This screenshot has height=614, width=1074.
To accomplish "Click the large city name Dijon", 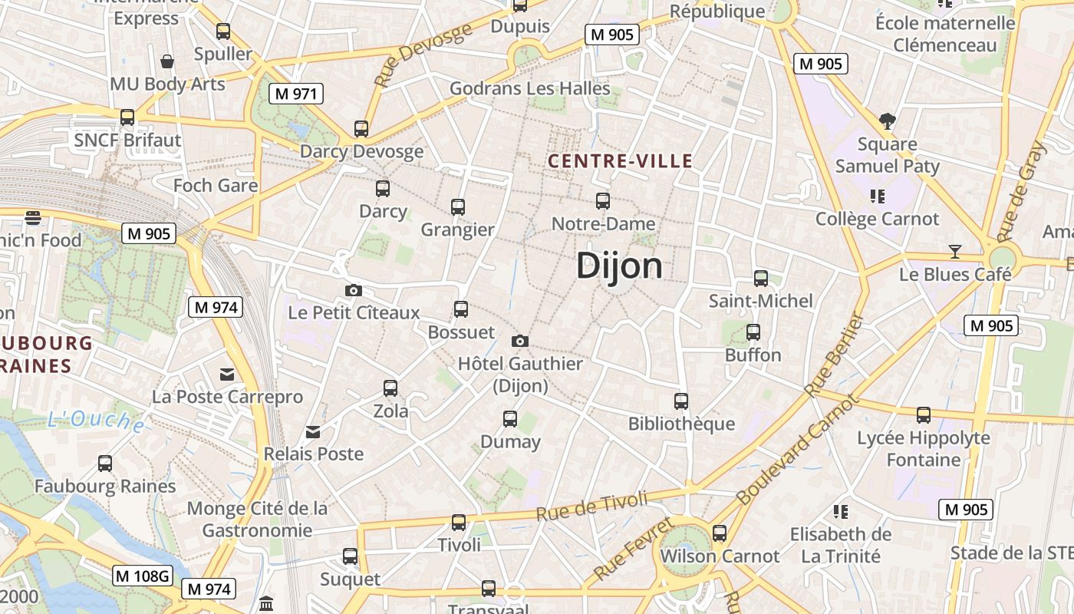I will (x=619, y=266).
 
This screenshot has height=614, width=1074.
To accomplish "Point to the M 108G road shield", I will (x=143, y=576).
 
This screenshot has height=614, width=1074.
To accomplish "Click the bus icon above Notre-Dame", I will (x=603, y=201).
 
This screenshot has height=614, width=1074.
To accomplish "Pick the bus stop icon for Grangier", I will (x=458, y=207).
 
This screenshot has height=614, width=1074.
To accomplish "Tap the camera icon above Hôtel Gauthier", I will (x=520, y=341).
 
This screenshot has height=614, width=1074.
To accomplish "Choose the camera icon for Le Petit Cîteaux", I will (x=354, y=290).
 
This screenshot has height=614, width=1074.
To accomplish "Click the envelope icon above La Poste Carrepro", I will (x=227, y=374).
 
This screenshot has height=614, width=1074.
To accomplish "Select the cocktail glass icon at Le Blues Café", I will (x=955, y=251).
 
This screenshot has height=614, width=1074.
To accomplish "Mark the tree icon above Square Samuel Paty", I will (x=888, y=120).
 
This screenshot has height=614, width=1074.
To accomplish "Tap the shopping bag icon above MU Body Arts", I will (x=167, y=61).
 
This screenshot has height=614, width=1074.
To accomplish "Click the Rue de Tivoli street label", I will (x=591, y=507).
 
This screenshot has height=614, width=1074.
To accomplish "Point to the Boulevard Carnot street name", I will (x=799, y=449).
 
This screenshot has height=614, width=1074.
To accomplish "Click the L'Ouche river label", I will (x=96, y=421).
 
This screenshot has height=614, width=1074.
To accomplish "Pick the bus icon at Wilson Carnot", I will (x=720, y=533).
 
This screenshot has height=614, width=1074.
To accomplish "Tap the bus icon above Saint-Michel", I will (x=761, y=278).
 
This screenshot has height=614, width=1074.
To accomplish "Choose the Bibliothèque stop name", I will (x=681, y=424).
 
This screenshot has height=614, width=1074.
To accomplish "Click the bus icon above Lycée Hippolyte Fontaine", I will (x=924, y=415).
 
